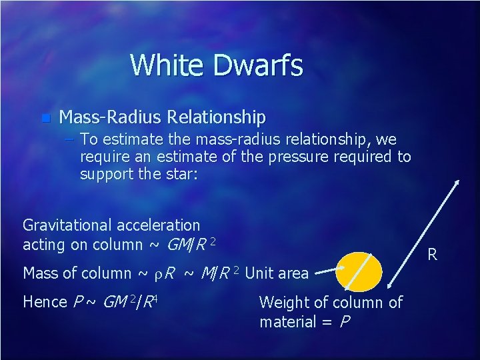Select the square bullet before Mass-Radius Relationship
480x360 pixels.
45,119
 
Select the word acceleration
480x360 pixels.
159,225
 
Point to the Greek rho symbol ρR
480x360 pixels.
164,273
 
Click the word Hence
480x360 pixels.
45,301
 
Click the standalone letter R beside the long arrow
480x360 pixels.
432,253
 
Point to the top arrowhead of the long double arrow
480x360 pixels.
457,181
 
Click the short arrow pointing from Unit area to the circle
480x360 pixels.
329,271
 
